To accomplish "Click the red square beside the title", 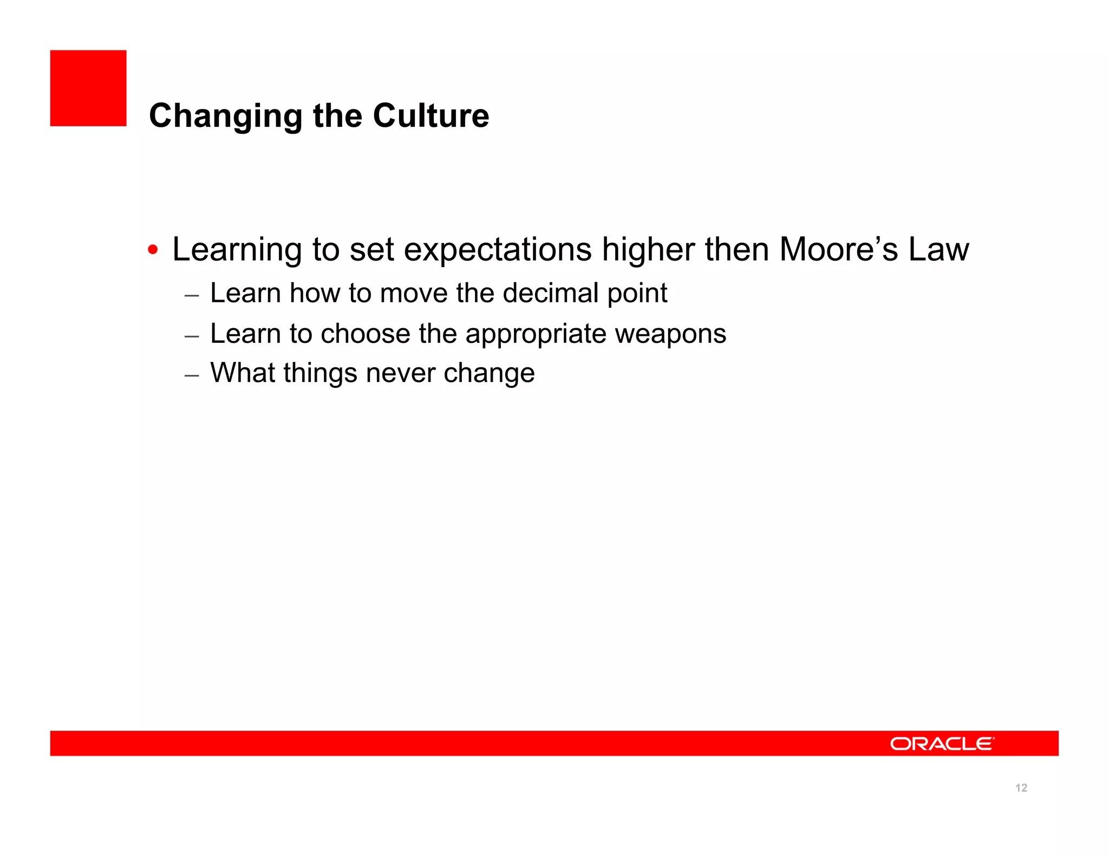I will [88, 88].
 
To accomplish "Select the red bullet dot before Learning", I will [153, 250].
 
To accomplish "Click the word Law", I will [938, 249].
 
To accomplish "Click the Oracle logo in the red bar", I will [942, 743].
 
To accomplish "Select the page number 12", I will [1021, 788].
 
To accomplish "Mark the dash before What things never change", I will [192, 375].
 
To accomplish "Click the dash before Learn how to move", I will [192, 296].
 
